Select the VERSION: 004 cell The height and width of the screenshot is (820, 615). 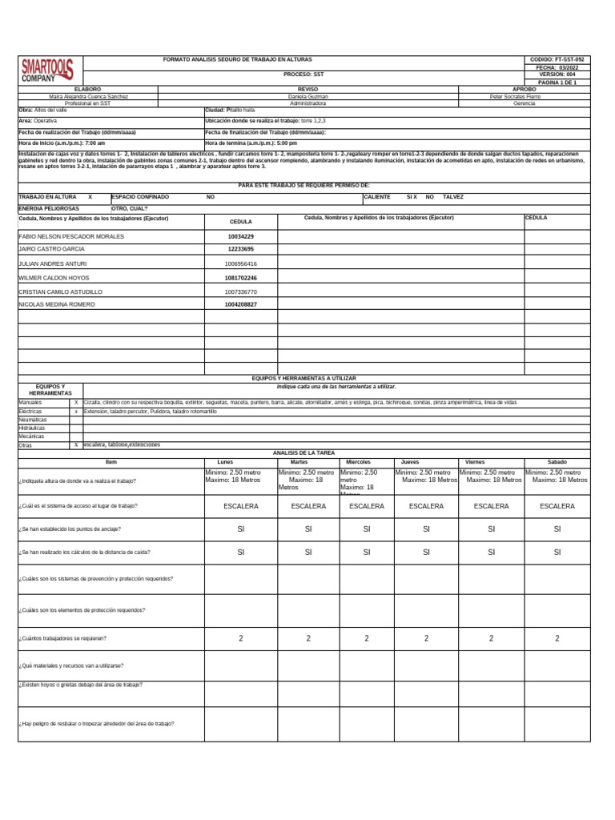pyautogui.click(x=557, y=74)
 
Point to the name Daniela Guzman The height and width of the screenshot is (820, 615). pyautogui.click(x=308, y=96)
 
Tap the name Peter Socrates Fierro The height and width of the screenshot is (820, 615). pyautogui.click(x=515, y=96)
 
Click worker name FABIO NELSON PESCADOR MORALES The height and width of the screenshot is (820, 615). pyautogui.click(x=70, y=237)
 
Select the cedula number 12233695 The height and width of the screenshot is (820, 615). pyautogui.click(x=241, y=249)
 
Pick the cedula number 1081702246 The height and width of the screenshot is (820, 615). pyautogui.click(x=241, y=278)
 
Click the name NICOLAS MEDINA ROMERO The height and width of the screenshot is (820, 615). pyautogui.click(x=58, y=304)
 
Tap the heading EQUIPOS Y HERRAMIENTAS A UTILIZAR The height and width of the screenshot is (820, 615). pyautogui.click(x=303, y=378)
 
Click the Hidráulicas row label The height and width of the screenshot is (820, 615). pyautogui.click(x=32, y=428)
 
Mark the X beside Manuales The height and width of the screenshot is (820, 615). pyautogui.click(x=76, y=402)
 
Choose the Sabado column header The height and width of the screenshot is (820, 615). pyautogui.click(x=557, y=462)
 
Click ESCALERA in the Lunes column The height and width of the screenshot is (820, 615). pyautogui.click(x=241, y=506)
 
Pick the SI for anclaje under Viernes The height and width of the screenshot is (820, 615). pyautogui.click(x=491, y=529)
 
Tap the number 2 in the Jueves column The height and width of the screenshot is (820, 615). pyautogui.click(x=426, y=638)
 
